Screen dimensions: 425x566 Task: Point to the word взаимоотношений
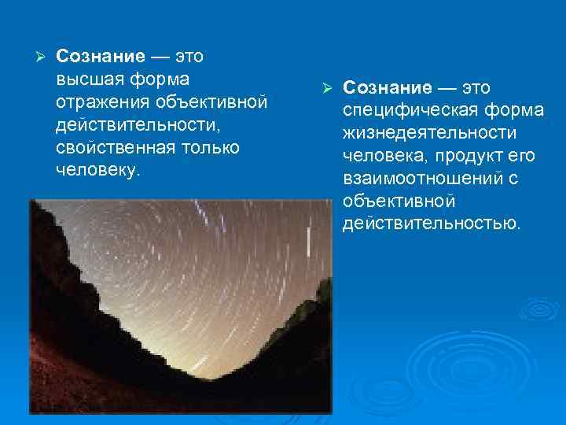[417, 178]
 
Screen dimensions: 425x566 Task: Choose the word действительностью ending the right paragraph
[431, 224]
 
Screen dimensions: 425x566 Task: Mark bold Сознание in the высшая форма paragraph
[101, 57]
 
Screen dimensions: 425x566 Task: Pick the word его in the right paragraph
[522, 155]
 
